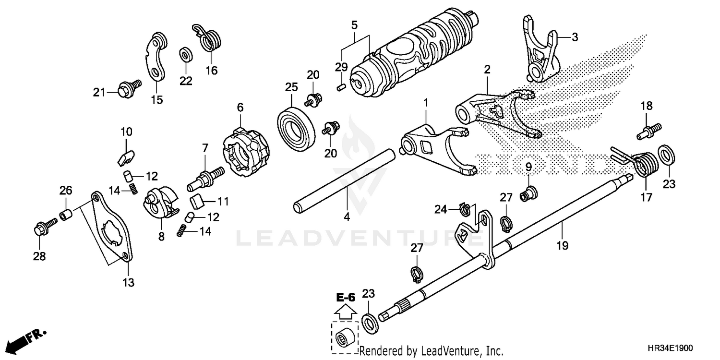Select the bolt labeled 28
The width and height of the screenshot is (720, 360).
click(45, 227)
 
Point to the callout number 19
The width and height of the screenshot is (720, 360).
click(562, 246)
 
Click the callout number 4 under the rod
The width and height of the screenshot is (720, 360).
click(347, 217)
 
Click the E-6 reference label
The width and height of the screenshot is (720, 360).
click(346, 298)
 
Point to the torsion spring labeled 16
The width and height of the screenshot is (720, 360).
click(208, 37)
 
